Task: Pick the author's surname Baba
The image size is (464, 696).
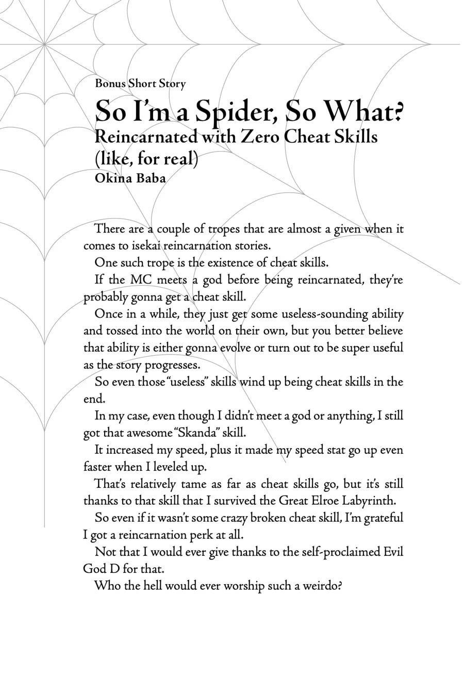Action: (x=151, y=179)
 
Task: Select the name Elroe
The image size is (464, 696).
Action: (x=326, y=500)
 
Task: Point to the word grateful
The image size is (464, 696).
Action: (x=383, y=518)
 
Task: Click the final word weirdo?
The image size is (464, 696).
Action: (x=323, y=586)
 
